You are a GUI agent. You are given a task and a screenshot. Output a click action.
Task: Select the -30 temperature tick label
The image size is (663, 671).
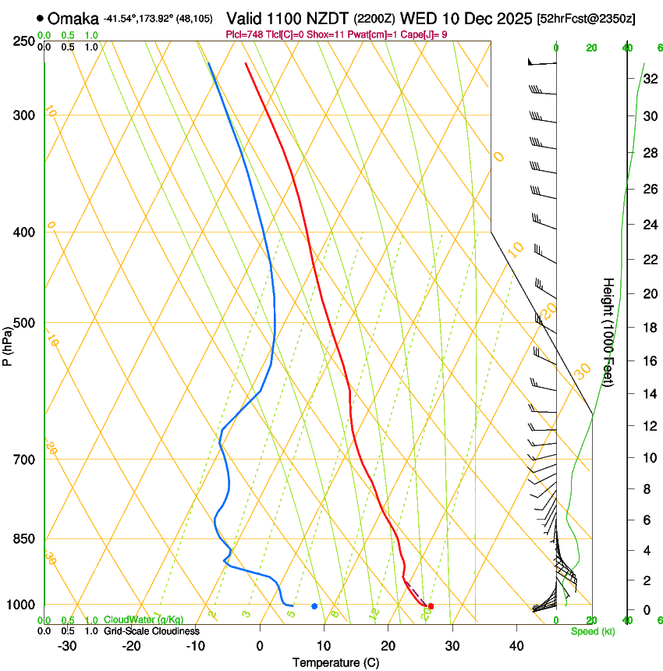[x=67, y=646]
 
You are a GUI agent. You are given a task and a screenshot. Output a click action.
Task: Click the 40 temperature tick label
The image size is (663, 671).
[x=516, y=646]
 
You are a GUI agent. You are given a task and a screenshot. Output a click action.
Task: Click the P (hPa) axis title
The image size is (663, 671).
[x=7, y=344]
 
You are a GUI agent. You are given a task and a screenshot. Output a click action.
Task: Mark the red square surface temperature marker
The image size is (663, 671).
[x=431, y=606]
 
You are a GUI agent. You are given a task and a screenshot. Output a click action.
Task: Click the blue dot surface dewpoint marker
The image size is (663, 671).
[x=314, y=606]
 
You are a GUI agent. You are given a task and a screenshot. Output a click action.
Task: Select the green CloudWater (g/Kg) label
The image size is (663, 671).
[x=144, y=620]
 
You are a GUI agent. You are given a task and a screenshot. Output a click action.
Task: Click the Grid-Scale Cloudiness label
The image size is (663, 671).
[x=151, y=630]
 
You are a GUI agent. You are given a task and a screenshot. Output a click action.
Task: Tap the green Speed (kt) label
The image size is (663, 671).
[x=593, y=631]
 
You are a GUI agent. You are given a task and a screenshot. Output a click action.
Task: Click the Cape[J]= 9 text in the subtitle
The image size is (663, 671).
[x=426, y=34]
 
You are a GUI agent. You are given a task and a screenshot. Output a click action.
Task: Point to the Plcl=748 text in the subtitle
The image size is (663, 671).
[x=243, y=34]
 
